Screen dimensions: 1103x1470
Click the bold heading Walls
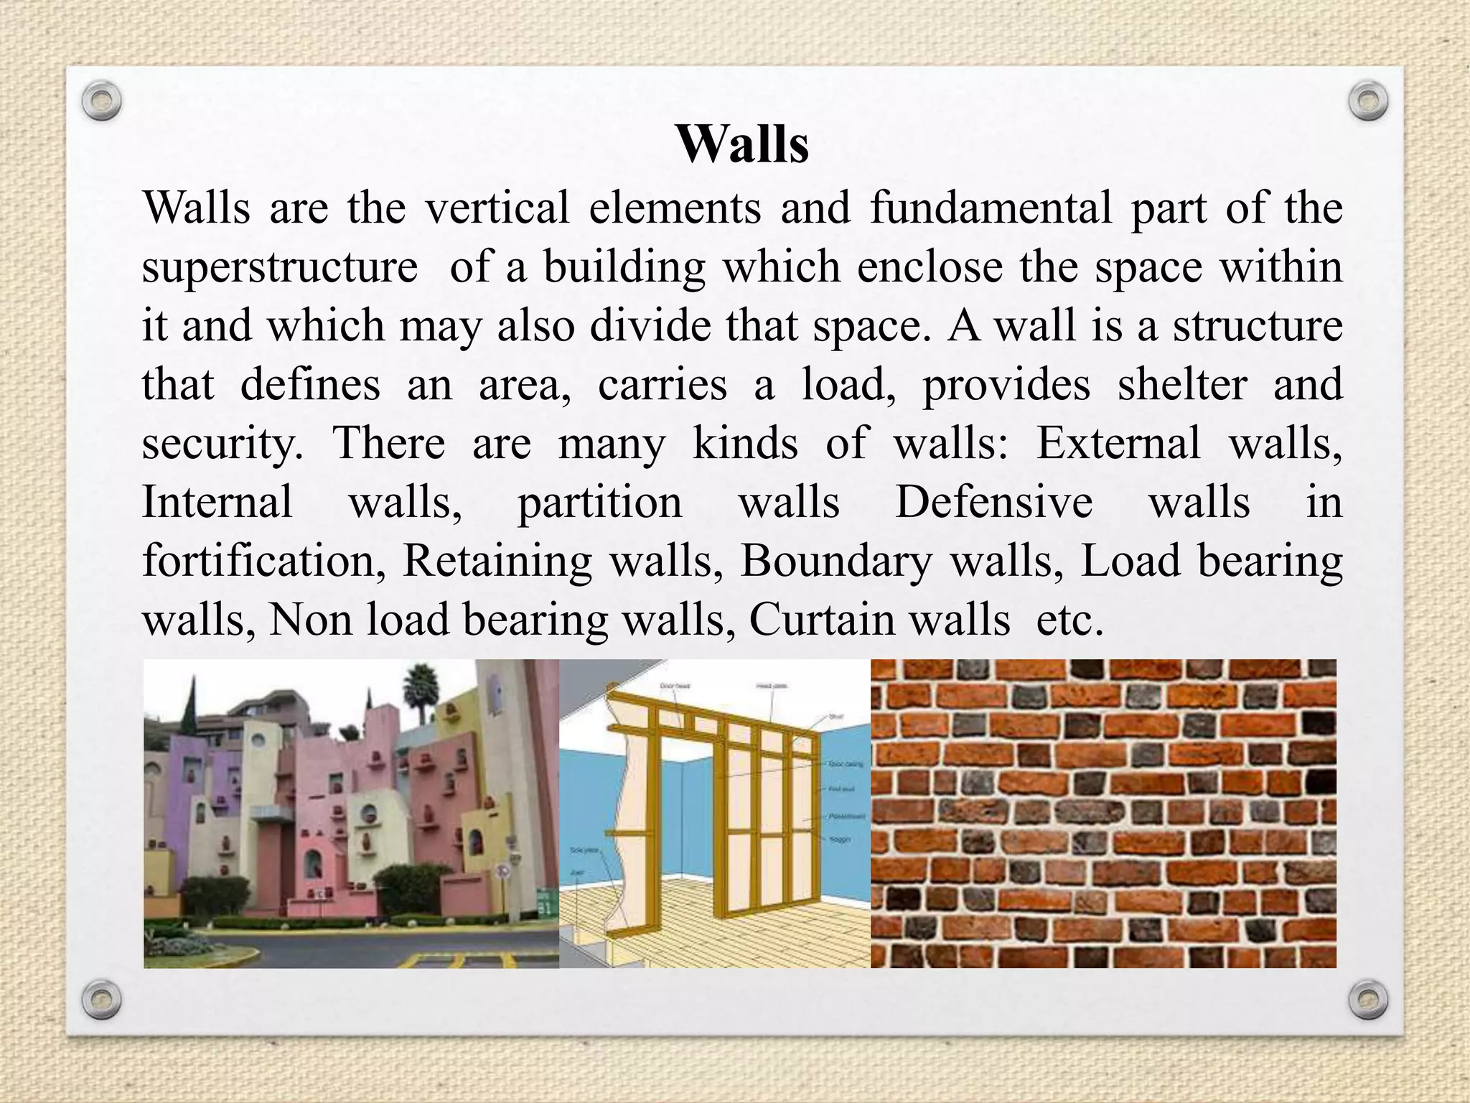tap(742, 144)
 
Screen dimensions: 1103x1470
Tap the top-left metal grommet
tap(101, 101)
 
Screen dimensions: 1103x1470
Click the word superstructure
tap(279, 268)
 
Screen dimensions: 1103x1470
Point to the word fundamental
tap(991, 208)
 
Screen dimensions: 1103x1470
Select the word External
tap(1118, 443)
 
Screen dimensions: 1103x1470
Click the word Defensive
tap(994, 502)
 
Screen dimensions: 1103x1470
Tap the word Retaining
tap(497, 561)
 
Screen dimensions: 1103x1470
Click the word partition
tap(600, 503)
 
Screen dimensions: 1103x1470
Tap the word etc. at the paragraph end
tap(1069, 620)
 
